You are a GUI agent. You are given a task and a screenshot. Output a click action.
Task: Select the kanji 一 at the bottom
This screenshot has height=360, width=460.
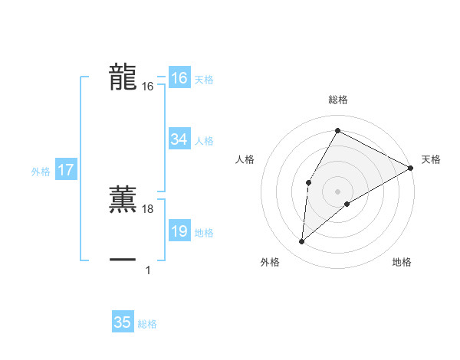(123, 260)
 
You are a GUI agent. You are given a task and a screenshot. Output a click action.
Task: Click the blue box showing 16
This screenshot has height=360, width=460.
(179, 78)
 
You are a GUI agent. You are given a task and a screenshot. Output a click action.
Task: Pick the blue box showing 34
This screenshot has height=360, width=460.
(179, 139)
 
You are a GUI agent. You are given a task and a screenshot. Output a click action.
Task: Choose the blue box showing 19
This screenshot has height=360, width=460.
(179, 231)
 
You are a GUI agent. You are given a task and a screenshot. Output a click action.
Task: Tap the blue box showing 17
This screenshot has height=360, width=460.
(66, 170)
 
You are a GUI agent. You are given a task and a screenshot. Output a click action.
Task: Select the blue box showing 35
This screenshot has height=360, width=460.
(123, 322)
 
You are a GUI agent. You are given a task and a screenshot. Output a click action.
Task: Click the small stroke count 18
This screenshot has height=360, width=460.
(149, 209)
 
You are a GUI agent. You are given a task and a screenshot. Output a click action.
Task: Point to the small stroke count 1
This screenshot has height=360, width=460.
(148, 270)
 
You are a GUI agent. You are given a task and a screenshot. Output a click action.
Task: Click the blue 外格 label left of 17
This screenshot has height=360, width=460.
(41, 172)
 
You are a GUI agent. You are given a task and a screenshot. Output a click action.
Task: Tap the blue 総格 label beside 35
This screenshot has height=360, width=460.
(147, 324)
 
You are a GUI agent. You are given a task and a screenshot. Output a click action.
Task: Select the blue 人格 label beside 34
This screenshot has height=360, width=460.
(204, 141)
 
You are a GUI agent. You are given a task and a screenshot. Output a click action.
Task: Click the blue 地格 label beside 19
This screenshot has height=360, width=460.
(204, 233)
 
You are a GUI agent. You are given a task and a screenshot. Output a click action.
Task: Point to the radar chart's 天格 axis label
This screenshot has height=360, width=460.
(431, 159)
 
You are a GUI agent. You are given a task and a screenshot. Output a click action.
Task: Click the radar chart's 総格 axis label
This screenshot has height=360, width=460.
(337, 100)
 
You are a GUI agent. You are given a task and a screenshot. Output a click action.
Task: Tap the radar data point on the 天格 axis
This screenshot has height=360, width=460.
(411, 168)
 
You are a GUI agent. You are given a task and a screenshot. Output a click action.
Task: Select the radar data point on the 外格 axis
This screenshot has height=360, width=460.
(302, 242)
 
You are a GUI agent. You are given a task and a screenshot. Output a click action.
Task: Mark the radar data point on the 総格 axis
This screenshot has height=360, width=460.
(337, 130)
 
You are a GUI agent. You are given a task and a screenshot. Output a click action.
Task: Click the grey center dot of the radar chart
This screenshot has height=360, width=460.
(337, 191)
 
